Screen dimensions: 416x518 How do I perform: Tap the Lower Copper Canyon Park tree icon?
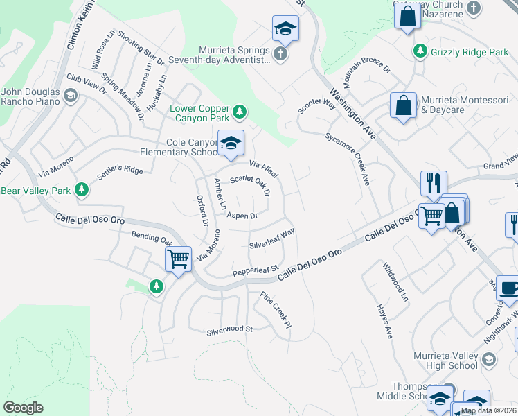(x=239, y=111)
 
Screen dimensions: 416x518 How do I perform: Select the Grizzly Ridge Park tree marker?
(x=420, y=51)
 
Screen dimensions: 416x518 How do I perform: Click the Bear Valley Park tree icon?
(x=82, y=189)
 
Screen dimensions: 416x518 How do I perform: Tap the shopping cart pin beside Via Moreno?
(x=179, y=260)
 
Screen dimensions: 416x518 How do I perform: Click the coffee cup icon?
(x=508, y=288)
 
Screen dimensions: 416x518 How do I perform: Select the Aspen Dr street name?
(x=242, y=216)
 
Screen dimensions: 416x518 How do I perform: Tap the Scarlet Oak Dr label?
(x=250, y=184)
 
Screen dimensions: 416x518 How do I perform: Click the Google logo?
(x=23, y=408)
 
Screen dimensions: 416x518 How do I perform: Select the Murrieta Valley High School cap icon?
(x=489, y=359)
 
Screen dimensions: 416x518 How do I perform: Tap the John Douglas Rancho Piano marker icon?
(x=70, y=96)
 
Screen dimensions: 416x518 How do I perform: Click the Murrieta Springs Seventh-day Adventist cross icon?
(x=280, y=55)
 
